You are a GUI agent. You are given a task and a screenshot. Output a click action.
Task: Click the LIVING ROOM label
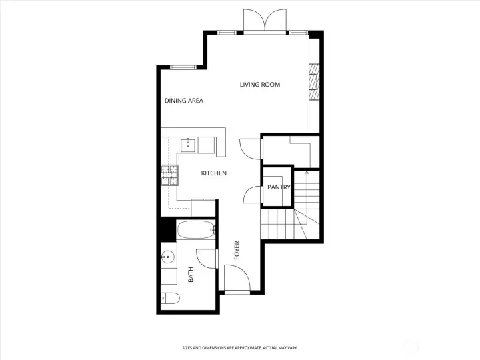tap(260, 85)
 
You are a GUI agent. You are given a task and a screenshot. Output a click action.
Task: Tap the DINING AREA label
tap(184, 101)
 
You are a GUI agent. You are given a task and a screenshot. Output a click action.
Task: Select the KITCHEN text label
tap(214, 173)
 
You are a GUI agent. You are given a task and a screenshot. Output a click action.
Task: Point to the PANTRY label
tap(279, 187)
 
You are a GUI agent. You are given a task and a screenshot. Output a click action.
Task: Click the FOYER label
tap(236, 251)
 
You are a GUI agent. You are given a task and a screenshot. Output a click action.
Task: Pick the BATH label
tap(190, 274)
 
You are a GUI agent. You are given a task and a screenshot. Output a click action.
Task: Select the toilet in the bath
tap(169, 298)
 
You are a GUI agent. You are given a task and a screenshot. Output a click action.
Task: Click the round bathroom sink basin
tap(168, 256)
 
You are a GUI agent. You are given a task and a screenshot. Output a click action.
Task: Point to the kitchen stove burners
tap(169, 175)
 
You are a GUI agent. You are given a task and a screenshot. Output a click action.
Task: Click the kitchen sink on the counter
tap(189, 141)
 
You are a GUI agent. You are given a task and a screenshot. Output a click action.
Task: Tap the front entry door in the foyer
tap(236, 279)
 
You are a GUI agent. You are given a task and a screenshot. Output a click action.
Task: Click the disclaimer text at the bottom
tap(240, 347)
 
